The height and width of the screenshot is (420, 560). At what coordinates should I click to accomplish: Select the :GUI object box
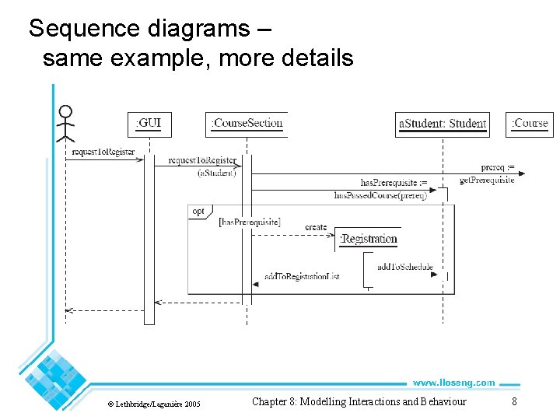tap(149, 123)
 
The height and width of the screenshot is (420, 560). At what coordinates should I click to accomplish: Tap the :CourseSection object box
tap(247, 123)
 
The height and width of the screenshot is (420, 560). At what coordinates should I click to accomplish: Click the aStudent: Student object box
tap(443, 124)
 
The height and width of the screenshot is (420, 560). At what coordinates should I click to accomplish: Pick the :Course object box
tap(529, 123)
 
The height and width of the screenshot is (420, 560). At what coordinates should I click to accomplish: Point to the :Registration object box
tap(369, 240)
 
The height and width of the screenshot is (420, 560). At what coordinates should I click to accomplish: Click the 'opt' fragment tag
tap(198, 211)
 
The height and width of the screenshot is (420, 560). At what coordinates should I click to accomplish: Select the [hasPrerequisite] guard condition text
tap(250, 222)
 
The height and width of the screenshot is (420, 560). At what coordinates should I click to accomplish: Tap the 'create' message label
tap(316, 227)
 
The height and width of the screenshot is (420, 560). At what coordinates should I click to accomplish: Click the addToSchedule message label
tap(404, 267)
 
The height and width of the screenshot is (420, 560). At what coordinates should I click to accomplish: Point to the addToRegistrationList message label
tap(302, 276)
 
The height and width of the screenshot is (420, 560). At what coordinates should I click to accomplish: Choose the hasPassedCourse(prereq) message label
tap(380, 195)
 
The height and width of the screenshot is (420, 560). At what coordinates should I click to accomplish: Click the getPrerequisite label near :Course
tap(487, 180)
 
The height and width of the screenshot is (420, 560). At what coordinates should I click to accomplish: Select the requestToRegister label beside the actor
tap(103, 152)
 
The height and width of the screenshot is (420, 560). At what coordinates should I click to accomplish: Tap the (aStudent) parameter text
tap(216, 173)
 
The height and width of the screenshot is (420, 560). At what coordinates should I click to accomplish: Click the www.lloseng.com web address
tap(453, 383)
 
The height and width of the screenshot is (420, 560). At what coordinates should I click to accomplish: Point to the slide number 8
tap(513, 401)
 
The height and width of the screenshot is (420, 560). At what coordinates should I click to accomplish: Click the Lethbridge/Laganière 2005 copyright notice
tap(153, 404)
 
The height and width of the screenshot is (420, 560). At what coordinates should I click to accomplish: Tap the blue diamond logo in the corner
tap(54, 374)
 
